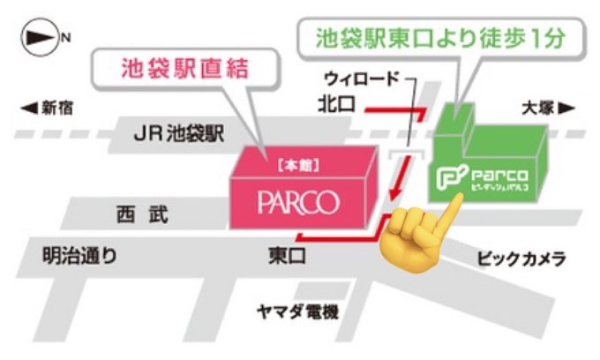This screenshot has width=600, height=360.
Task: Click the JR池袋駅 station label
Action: (179, 135)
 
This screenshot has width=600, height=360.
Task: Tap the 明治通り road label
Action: (79, 258)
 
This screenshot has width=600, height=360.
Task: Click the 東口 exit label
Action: (287, 258)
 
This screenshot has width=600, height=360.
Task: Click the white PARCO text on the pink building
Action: (298, 202)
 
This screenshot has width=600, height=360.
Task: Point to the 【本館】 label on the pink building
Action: (296, 165)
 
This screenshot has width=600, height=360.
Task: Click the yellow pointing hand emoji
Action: (414, 231)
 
